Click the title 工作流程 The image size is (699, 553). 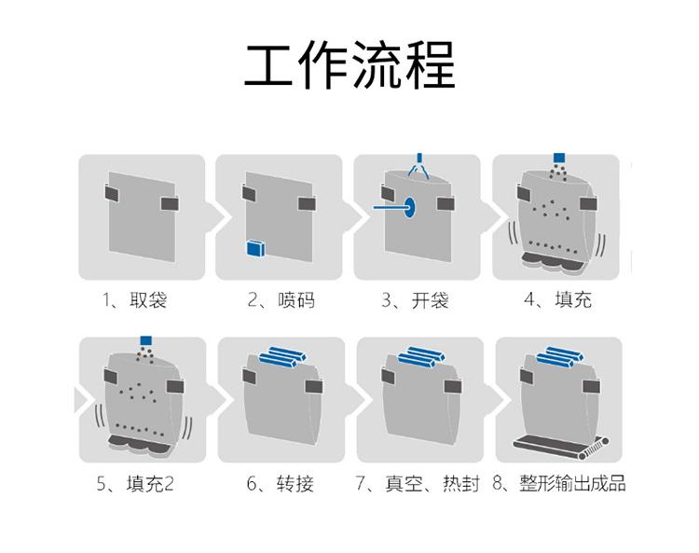(349, 64)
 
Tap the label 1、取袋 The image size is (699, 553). (135, 300)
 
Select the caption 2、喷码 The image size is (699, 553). (281, 300)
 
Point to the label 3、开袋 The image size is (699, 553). (415, 300)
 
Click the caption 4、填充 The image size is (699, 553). (557, 300)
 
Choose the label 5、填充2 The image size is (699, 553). (135, 484)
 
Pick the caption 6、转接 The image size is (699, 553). (281, 484)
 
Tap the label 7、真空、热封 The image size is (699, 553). (418, 484)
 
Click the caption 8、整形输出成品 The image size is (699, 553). (559, 484)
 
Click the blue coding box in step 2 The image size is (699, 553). (256, 248)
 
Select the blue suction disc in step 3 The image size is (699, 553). (410, 207)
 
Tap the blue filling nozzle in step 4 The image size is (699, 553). (559, 158)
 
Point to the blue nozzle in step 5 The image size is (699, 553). (145, 340)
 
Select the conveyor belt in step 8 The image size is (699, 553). (560, 446)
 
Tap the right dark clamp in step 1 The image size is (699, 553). (170, 203)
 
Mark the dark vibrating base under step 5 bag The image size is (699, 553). (139, 445)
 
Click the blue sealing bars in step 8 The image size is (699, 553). (559, 357)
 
